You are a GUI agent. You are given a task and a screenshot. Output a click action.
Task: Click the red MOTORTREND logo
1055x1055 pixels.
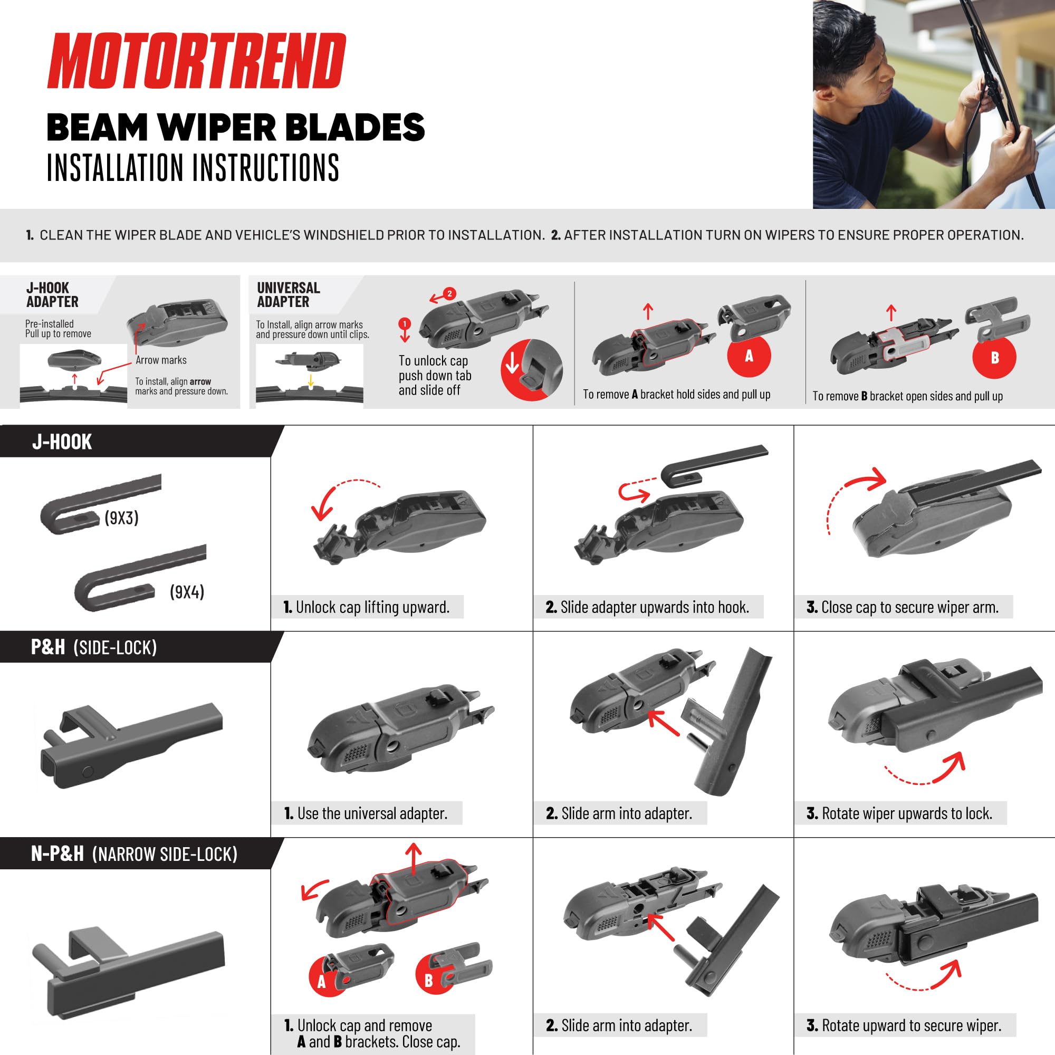tap(197, 61)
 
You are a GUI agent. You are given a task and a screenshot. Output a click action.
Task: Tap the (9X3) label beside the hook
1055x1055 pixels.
tap(121, 517)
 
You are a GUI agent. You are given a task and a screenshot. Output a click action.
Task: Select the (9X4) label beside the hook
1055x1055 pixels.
tap(187, 592)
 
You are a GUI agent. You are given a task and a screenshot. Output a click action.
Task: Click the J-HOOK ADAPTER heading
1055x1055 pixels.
tap(52, 295)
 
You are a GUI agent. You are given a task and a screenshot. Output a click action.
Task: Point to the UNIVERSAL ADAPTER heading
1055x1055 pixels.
tap(289, 295)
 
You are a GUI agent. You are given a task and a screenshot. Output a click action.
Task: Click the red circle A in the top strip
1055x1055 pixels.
tap(749, 356)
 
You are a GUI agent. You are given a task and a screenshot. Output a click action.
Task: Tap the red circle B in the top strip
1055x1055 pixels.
tap(994, 358)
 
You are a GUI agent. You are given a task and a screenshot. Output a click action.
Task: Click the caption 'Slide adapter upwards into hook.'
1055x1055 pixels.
tap(647, 607)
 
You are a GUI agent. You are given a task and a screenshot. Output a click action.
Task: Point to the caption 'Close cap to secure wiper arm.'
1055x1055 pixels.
tap(903, 607)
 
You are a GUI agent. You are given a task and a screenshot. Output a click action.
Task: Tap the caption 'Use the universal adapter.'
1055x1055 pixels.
tap(366, 813)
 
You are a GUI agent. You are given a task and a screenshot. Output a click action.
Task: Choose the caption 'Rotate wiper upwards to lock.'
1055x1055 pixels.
tap(899, 813)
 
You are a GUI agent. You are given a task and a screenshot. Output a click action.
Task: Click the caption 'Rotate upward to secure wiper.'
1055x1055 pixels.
tap(904, 1025)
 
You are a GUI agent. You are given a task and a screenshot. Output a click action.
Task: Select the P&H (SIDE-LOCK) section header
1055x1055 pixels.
tap(94, 647)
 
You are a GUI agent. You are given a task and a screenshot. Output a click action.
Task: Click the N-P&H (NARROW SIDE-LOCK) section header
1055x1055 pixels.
tap(135, 853)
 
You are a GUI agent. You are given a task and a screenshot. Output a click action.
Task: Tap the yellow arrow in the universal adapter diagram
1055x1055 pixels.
tap(311, 379)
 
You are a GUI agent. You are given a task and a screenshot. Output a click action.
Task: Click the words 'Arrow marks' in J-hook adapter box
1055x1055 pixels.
tap(161, 360)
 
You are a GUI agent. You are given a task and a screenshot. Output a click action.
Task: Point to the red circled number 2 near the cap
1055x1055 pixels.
tap(449, 293)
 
